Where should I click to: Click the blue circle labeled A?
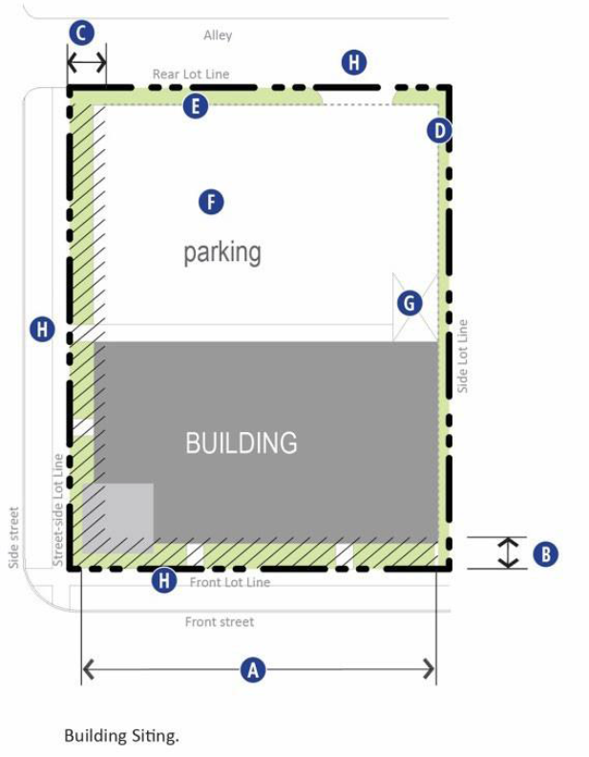(253, 670)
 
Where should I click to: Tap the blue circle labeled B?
(546, 553)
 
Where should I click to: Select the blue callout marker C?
(81, 32)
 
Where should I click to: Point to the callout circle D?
(439, 130)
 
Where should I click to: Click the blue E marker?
(195, 106)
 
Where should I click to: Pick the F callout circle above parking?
(211, 203)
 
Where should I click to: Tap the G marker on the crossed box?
(410, 303)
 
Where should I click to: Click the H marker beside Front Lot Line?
(164, 580)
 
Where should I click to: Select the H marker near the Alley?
(354, 62)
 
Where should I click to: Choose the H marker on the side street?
(42, 329)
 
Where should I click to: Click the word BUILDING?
(242, 443)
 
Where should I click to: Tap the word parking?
(222, 253)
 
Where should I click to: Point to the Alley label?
(218, 35)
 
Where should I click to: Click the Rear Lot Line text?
(191, 74)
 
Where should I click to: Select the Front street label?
(220, 622)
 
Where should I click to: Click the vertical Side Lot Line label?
(462, 357)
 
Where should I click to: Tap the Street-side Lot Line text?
(58, 509)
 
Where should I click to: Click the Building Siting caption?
(121, 736)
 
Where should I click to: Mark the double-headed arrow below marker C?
(87, 62)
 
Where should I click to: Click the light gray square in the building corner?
(118, 518)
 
